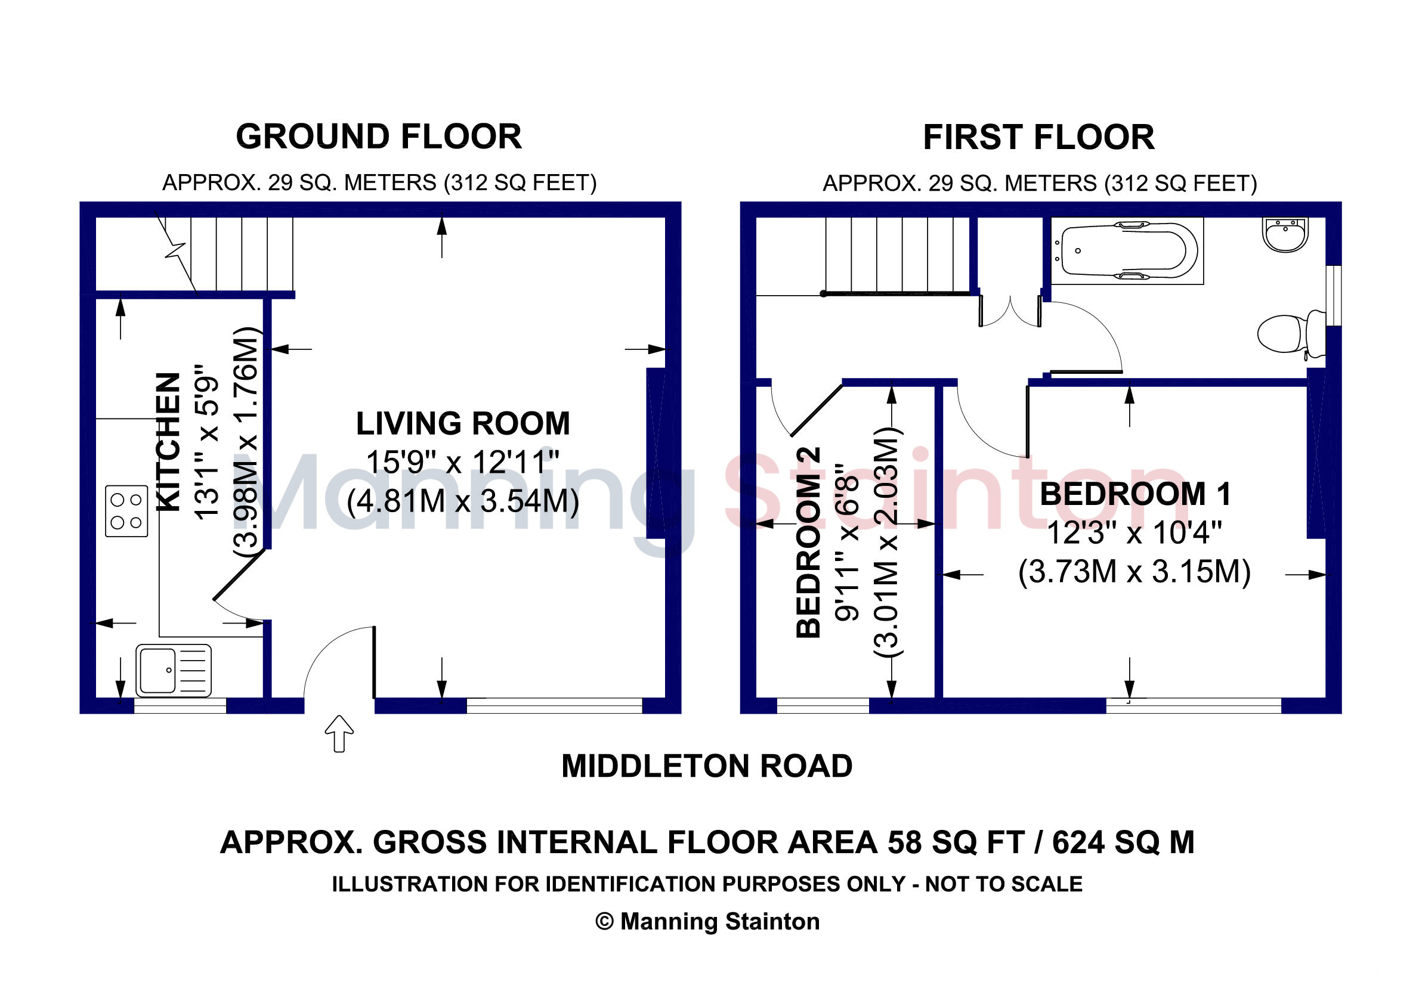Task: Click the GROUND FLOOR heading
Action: pos(378,137)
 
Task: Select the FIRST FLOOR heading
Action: pos(1038,137)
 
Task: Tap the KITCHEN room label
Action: pos(168,442)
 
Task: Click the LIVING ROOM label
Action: pos(463,424)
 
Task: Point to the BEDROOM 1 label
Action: pos(1134,494)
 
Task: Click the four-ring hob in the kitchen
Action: pos(126,512)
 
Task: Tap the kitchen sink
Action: pos(174,671)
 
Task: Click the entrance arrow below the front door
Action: pos(339,733)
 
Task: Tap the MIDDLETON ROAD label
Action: pos(707,766)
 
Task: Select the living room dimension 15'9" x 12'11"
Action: pos(463,463)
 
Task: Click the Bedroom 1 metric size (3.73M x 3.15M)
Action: pos(1134,571)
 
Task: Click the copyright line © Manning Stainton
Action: pos(707,922)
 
